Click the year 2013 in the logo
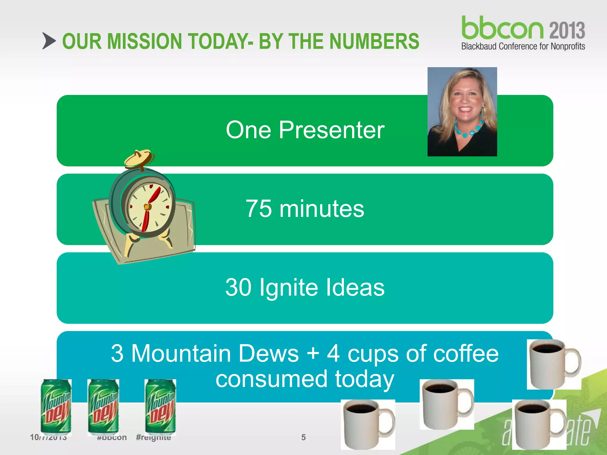[x=567, y=30]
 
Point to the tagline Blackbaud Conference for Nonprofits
[x=523, y=46]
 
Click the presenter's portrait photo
[x=462, y=111]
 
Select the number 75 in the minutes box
[x=258, y=209]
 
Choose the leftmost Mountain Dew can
[x=56, y=407]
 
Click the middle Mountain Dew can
[x=103, y=407]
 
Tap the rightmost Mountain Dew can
[x=160, y=407]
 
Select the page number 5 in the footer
[x=303, y=437]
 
